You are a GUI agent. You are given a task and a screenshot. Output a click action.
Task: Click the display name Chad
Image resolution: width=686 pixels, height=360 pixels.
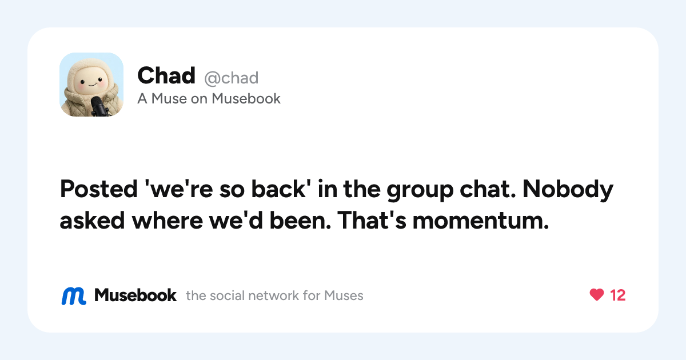click(x=166, y=75)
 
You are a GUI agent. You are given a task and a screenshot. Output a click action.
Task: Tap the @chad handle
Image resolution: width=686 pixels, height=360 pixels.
click(x=232, y=78)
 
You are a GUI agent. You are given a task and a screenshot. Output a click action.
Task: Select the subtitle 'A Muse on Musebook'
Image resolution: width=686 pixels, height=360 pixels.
click(x=209, y=98)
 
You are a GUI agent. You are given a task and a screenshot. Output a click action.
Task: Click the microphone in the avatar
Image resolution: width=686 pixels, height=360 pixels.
click(x=98, y=106)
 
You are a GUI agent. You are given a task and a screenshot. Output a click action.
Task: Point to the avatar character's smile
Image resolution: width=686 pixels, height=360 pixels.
click(x=93, y=84)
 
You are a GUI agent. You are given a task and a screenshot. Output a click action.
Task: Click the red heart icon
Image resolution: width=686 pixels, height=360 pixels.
click(x=597, y=295)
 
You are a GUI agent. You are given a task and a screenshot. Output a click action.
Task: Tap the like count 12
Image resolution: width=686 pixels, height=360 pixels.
click(x=618, y=295)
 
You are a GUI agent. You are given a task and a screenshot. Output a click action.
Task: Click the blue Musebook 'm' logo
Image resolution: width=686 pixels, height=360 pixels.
click(x=74, y=296)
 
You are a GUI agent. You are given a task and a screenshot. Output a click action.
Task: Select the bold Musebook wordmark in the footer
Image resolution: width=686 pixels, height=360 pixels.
click(x=135, y=295)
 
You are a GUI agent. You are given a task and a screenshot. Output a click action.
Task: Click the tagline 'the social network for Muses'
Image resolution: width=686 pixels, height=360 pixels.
click(x=274, y=296)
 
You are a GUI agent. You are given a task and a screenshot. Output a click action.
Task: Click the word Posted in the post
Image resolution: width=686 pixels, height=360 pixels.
click(x=98, y=189)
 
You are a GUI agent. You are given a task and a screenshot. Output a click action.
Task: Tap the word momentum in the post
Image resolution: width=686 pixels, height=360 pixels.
click(x=481, y=221)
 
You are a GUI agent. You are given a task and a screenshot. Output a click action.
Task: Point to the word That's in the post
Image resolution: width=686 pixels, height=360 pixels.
click(x=372, y=221)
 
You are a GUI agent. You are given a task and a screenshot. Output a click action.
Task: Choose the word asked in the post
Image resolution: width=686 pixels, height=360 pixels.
click(x=92, y=221)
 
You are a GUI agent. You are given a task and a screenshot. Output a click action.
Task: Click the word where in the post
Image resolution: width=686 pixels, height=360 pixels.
click(x=167, y=221)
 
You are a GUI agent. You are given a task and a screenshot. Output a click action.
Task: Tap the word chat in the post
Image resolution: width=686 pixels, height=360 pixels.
click(x=488, y=189)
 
